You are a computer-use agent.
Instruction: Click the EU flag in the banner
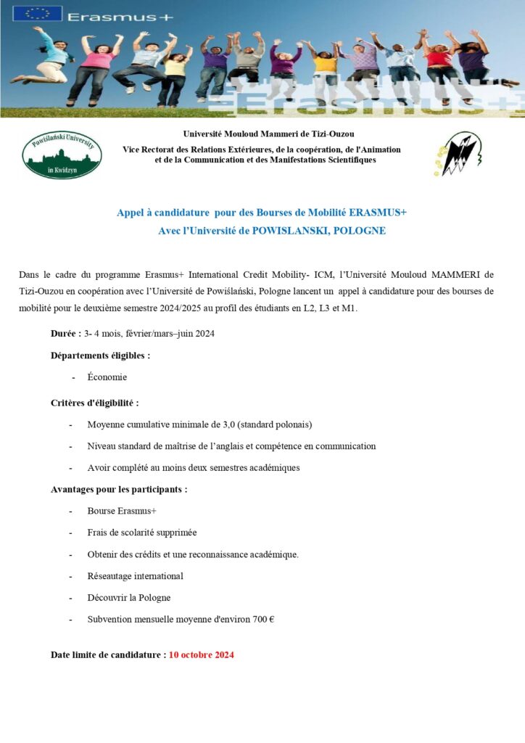click(38, 14)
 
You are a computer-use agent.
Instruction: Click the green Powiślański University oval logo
click(62, 155)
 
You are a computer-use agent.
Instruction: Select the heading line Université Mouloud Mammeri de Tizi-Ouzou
click(268, 134)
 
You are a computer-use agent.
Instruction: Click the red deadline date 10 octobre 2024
click(202, 654)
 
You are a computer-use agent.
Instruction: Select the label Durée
click(65, 334)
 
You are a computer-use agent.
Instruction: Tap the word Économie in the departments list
click(107, 377)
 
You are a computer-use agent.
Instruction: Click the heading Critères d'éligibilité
click(94, 403)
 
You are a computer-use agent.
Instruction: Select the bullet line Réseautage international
click(135, 576)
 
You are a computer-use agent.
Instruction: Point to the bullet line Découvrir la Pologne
click(129, 598)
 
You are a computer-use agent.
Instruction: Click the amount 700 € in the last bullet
click(262, 620)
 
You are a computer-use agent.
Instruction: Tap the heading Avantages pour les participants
click(119, 490)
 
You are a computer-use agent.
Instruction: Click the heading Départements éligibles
click(101, 356)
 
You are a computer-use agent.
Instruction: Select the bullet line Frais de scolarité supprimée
click(142, 533)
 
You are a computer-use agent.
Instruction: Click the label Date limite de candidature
click(108, 654)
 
